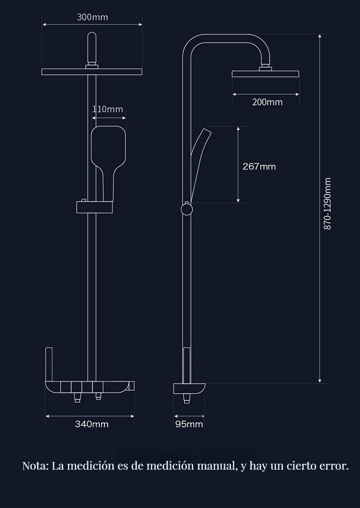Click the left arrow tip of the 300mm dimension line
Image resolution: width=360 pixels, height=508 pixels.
coord(43,24)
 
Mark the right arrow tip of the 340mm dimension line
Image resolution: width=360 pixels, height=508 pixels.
coord(134,416)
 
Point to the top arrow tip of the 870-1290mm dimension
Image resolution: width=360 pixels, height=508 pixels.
coord(319,34)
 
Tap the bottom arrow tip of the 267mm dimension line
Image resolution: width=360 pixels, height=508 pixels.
coord(238,202)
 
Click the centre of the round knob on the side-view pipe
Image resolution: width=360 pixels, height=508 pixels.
coord(186,209)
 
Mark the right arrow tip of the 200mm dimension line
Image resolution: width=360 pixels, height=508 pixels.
coord(299,94)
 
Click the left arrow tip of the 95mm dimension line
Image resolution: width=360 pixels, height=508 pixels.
coord(174,416)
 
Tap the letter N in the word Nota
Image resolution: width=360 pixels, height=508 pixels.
coord(26,466)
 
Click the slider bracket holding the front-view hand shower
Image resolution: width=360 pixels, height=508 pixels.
coord(94,207)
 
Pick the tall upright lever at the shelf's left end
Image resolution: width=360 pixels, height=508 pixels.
coord(49,364)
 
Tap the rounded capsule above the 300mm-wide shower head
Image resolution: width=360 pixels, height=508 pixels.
coord(92,48)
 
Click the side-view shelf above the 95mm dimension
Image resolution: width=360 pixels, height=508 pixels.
coord(189,389)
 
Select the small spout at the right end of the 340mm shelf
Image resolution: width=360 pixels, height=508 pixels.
coord(131,386)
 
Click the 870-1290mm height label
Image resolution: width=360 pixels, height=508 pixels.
coord(328,203)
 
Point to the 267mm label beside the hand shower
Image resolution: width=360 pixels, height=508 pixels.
coord(259,166)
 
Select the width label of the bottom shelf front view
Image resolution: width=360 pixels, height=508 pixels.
coord(92,424)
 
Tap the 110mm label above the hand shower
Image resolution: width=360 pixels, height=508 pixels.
coord(108,109)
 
